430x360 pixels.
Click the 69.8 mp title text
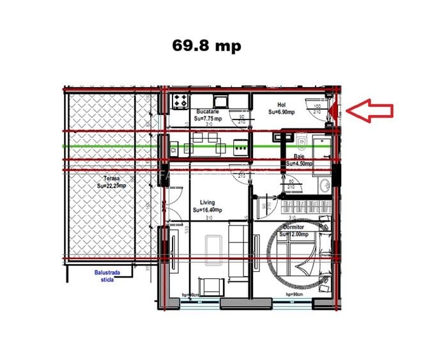(x=207, y=47)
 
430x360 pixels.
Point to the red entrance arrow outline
(x=374, y=110)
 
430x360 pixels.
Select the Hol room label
(x=282, y=104)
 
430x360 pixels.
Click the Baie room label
(x=298, y=156)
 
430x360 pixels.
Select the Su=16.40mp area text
(x=208, y=210)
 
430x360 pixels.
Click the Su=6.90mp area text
(x=282, y=113)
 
